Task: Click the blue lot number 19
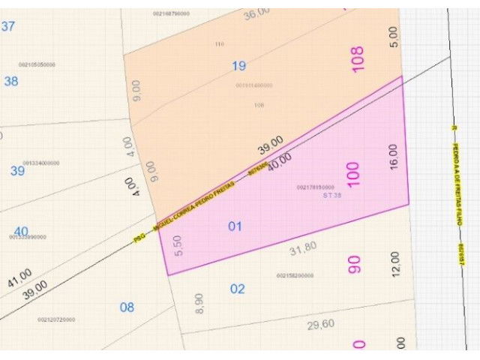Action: coord(238,66)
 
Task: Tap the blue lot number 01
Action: coord(235,226)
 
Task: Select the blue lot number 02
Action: coord(237,289)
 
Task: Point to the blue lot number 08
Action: coord(127,307)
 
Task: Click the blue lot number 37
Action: coord(8,26)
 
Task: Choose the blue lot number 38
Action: coord(10,81)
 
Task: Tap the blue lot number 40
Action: coord(21,232)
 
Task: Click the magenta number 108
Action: coord(357,60)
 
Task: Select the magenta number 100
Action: coord(353,174)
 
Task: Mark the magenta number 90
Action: coord(354,265)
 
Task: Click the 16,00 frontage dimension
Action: coord(394,157)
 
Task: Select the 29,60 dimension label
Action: coord(321,324)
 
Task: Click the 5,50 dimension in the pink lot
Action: coord(178,245)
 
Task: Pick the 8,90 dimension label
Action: coord(199,304)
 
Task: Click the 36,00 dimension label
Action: coord(256,13)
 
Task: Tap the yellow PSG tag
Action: coord(139,237)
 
